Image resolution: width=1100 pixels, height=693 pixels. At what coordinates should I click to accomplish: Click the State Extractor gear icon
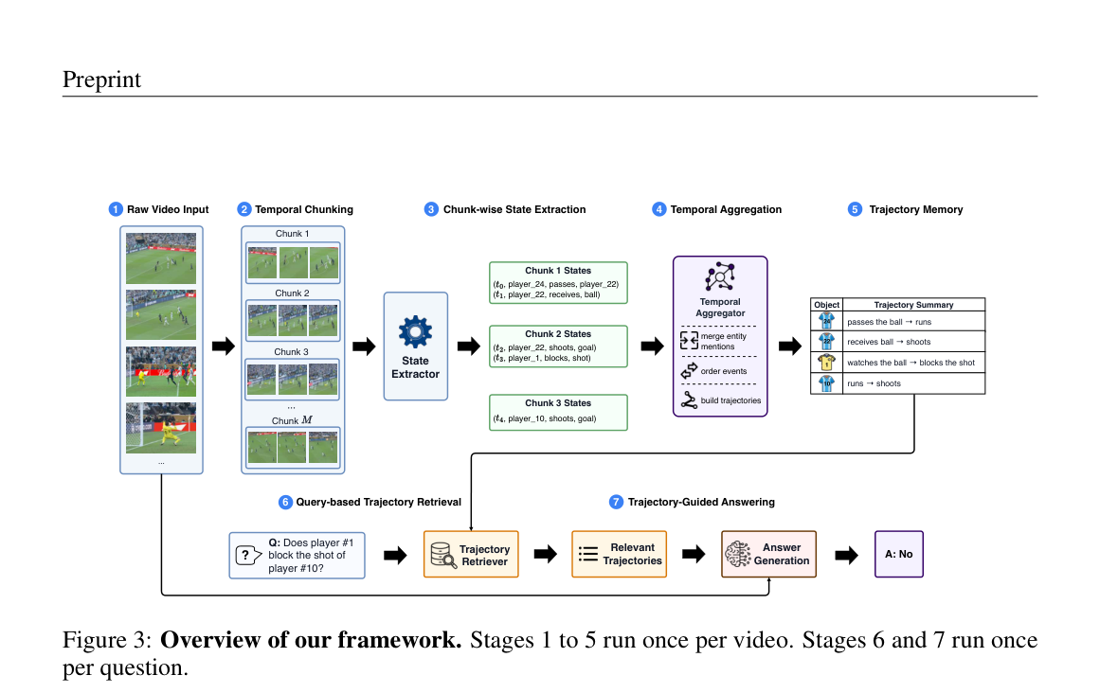(x=415, y=331)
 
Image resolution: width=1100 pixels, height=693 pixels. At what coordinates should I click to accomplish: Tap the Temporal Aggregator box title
(x=720, y=308)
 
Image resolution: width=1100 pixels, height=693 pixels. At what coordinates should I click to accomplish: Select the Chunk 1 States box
(x=558, y=282)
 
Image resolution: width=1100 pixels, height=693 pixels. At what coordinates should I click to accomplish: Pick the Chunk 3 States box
(x=558, y=412)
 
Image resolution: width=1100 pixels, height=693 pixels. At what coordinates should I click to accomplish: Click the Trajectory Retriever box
(x=472, y=554)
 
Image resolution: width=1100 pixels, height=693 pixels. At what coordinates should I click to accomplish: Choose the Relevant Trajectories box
(x=620, y=554)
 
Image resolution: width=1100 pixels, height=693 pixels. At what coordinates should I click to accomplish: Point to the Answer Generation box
(x=769, y=554)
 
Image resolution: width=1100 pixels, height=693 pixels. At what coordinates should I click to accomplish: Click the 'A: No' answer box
(x=898, y=554)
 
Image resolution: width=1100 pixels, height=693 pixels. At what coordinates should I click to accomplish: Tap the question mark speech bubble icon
(x=247, y=556)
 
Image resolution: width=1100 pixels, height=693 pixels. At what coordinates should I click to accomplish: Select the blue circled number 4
(x=658, y=209)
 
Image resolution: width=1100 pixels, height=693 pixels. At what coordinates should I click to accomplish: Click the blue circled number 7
(x=616, y=502)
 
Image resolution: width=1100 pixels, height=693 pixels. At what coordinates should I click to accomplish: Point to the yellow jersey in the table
(x=826, y=363)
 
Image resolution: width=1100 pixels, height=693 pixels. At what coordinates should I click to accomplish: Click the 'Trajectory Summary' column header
(x=914, y=305)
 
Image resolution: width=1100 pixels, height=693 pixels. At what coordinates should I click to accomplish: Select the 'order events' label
(x=723, y=371)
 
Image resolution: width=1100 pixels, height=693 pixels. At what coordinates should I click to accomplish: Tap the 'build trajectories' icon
(x=689, y=400)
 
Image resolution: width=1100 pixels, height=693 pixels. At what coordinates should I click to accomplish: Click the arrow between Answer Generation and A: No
(x=847, y=556)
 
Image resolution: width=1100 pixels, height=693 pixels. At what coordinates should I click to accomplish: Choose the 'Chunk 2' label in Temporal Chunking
(x=292, y=293)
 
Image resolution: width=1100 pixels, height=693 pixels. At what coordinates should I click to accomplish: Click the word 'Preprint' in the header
(x=101, y=80)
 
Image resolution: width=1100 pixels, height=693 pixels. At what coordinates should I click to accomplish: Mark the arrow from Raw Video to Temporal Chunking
(x=223, y=346)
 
